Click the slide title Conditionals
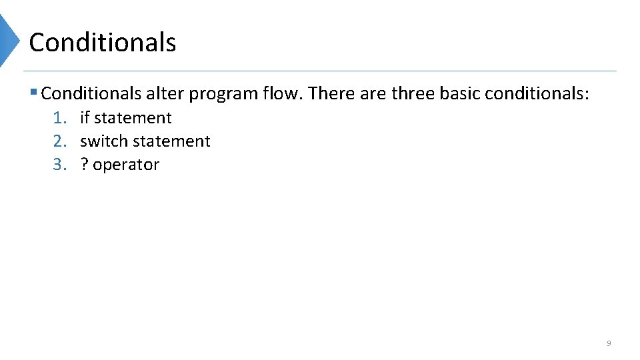103,43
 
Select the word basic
460,93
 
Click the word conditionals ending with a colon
537,93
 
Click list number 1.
60,118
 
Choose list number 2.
60,141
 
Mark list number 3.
60,165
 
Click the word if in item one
85,118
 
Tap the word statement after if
133,118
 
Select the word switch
100,141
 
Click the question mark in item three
84,165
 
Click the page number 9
609,343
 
